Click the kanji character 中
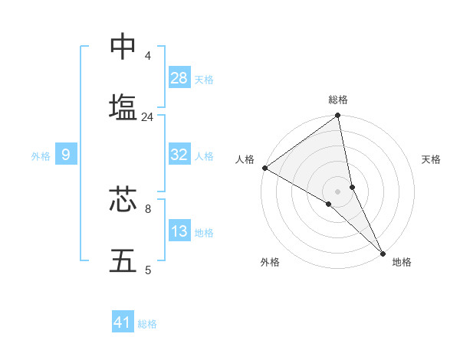click(123, 47)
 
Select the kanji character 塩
click(123, 107)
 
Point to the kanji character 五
click(123, 260)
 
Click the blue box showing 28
click(179, 78)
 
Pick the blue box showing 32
click(179, 155)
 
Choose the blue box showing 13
click(179, 232)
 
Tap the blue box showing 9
click(66, 155)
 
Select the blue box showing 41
click(123, 322)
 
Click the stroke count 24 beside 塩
click(147, 117)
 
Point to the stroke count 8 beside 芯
click(147, 208)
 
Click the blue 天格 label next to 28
click(204, 80)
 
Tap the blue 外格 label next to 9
click(41, 156)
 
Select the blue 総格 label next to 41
click(147, 324)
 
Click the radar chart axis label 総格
click(338, 100)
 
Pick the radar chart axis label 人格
click(245, 159)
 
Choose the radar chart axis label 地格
click(402, 262)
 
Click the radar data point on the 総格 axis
click(338, 116)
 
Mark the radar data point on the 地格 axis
click(383, 253)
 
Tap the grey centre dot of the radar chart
click(338, 191)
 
